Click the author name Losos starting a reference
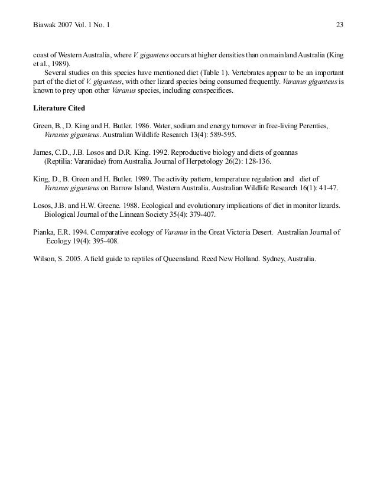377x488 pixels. [x=43, y=205]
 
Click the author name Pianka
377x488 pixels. [x=45, y=232]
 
